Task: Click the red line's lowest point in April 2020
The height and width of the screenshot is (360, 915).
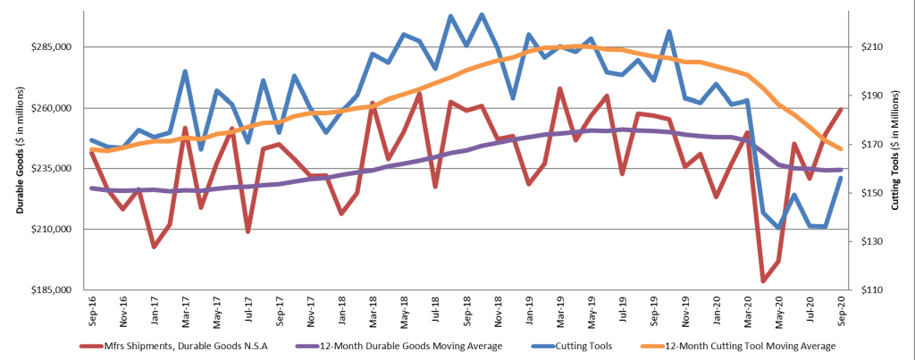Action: pyautogui.click(x=763, y=281)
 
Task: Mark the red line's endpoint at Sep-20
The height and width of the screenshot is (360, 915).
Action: pyautogui.click(x=842, y=109)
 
